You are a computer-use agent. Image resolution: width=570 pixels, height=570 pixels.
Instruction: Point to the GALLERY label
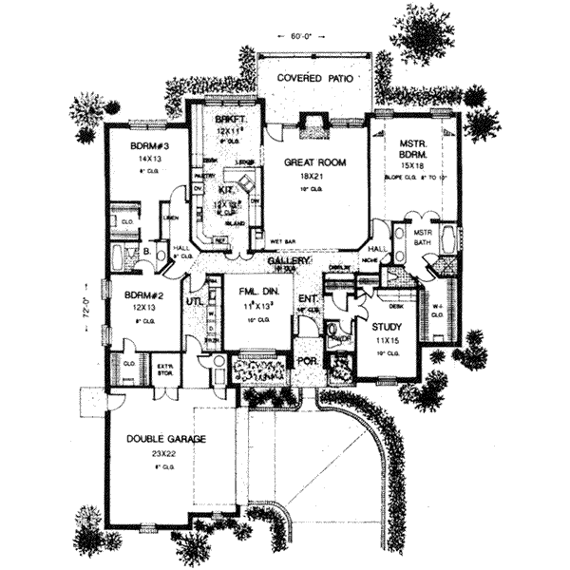(284, 259)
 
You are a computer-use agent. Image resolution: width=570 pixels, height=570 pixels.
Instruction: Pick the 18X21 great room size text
(313, 176)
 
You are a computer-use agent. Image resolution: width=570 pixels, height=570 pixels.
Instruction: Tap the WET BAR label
(280, 241)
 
